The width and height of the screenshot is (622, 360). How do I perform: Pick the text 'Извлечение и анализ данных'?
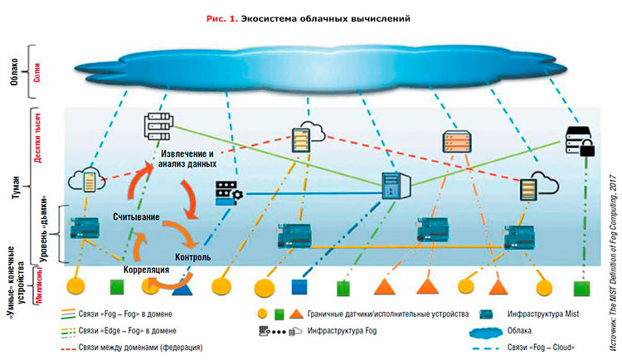(x=187, y=160)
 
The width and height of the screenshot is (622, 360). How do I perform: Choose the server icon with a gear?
(x=227, y=192)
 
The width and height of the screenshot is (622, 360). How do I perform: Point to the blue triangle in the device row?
(x=182, y=288)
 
